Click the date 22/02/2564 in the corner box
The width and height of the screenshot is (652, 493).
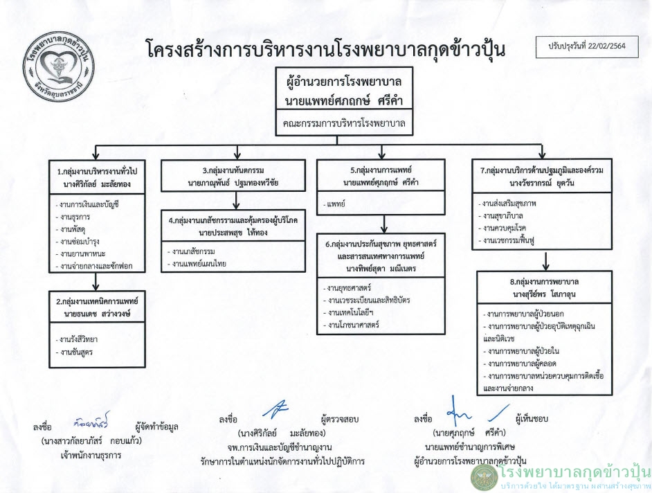[x=606, y=46]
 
